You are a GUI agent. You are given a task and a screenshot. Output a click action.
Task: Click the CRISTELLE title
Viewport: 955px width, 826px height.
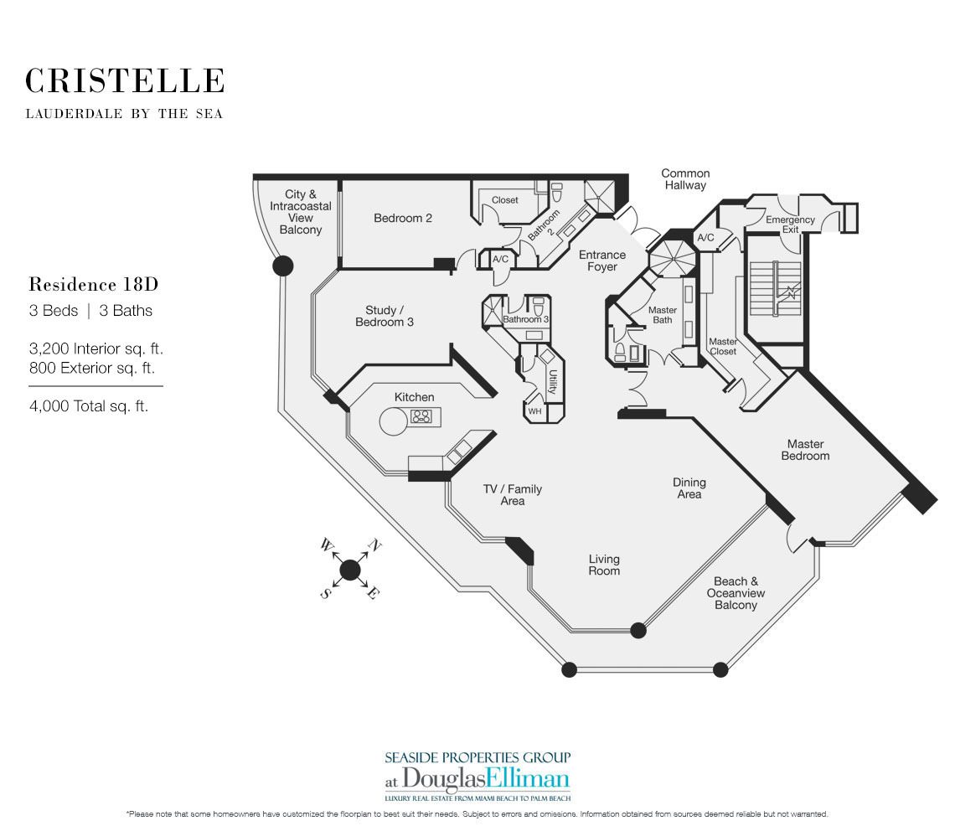[x=125, y=81]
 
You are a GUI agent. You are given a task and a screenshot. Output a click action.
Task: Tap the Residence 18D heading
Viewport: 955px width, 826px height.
[x=94, y=285]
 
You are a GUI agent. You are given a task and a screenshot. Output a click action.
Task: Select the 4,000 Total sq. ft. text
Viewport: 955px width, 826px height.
[x=89, y=406]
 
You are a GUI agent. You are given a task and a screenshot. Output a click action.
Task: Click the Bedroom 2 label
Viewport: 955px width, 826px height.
[x=403, y=218]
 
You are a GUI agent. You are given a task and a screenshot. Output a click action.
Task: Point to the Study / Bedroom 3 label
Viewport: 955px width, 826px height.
[x=385, y=316]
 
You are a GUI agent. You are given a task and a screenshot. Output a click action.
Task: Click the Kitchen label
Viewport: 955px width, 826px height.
[x=414, y=397]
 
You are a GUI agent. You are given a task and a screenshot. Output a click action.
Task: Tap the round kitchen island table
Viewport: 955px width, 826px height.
[x=394, y=421]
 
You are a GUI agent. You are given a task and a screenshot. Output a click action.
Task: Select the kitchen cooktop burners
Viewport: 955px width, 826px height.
[x=421, y=416]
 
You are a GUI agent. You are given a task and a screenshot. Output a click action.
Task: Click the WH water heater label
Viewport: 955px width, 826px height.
[x=534, y=411]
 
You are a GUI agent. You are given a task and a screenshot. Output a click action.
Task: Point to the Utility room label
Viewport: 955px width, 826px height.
[x=553, y=383]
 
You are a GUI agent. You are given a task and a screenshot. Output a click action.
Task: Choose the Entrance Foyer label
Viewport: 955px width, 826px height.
[x=601, y=261]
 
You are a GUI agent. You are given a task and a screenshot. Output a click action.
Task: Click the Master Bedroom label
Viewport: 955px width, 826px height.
[x=805, y=450]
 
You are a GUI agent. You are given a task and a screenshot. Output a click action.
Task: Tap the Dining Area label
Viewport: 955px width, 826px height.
[x=689, y=488]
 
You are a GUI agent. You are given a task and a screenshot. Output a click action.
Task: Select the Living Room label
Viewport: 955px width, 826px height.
[x=604, y=565]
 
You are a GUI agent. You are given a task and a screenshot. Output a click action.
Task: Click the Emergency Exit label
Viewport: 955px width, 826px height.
[x=790, y=225]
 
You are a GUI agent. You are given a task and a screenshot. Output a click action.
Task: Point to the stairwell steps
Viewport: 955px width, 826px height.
[x=775, y=289]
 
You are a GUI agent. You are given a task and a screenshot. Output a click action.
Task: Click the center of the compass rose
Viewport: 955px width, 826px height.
[x=349, y=570]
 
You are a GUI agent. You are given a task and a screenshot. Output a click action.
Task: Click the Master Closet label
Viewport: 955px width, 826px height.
[x=723, y=347]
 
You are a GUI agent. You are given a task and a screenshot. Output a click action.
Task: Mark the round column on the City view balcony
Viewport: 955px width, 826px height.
[x=282, y=266]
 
